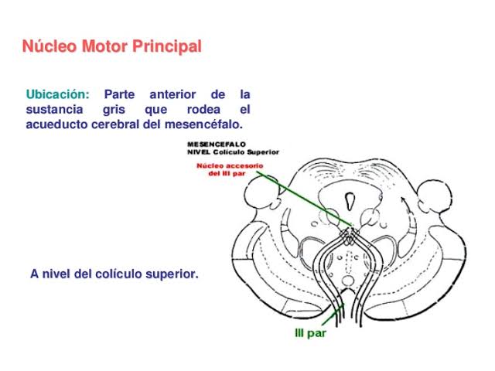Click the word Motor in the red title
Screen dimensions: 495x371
coord(105,46)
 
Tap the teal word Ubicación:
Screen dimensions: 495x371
coord(57,94)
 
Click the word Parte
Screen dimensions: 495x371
coord(119,94)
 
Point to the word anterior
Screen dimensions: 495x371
coord(172,94)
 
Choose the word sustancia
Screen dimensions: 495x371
coord(54,110)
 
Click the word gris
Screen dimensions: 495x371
coord(114,111)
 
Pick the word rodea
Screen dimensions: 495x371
coord(203,110)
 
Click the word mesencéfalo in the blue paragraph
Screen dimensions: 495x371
coord(203,124)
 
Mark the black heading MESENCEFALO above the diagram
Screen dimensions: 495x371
coord(217,145)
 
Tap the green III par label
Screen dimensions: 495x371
coord(310,333)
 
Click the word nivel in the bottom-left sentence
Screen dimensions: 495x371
coord(56,274)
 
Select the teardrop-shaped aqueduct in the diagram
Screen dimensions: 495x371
coord(350,201)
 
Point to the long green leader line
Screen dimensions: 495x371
coord(304,199)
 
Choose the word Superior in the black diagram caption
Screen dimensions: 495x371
coord(263,152)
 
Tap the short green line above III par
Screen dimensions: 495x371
coord(333,315)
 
